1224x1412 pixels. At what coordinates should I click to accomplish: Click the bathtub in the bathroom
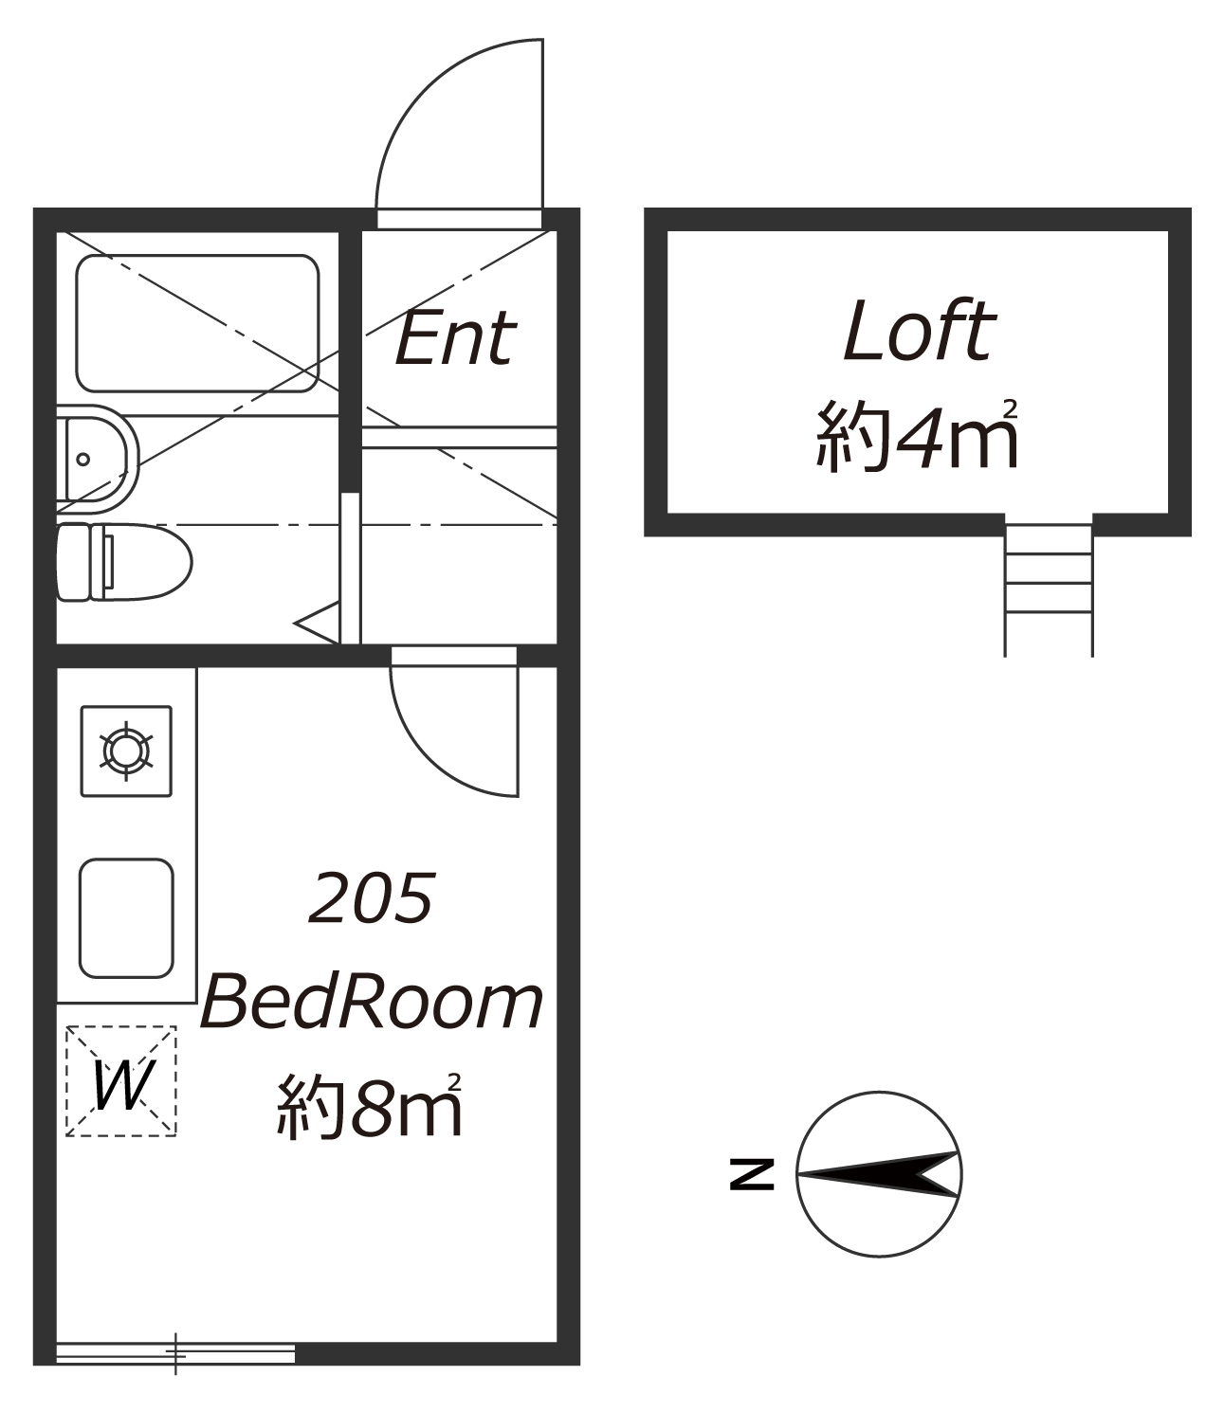(x=197, y=324)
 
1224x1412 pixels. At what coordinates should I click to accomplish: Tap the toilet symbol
(x=124, y=562)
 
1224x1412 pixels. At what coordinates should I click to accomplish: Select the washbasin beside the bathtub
(x=98, y=459)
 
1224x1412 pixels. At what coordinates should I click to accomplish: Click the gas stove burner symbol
(x=126, y=751)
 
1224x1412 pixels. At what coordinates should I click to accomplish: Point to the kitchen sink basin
(x=126, y=919)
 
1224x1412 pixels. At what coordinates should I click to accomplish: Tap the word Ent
(x=455, y=338)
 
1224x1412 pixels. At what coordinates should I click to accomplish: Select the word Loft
(x=919, y=331)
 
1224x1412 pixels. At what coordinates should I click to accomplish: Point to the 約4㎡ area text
(x=918, y=435)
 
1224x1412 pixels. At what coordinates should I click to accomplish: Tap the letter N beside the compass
(x=752, y=1174)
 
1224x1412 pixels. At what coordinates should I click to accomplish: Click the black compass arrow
(x=879, y=1174)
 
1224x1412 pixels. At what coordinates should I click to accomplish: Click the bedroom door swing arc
(x=428, y=758)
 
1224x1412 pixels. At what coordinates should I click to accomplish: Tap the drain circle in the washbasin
(x=83, y=459)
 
